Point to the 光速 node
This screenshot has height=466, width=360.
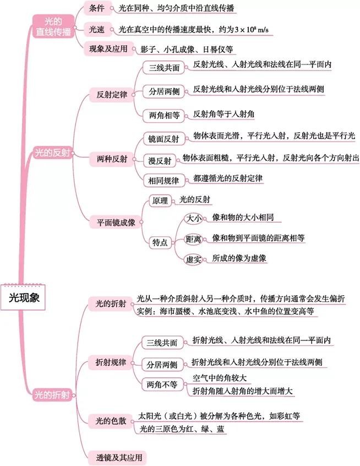pyautogui.click(x=96, y=29)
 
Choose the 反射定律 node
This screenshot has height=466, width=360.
pyautogui.click(x=112, y=94)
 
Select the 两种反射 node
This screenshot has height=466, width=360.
pyautogui.click(x=112, y=159)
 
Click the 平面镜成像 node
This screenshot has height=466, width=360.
pyautogui.click(x=116, y=223)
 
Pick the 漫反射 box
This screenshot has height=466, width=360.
pyautogui.click(x=160, y=161)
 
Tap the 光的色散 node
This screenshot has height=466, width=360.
pyautogui.click(x=111, y=421)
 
